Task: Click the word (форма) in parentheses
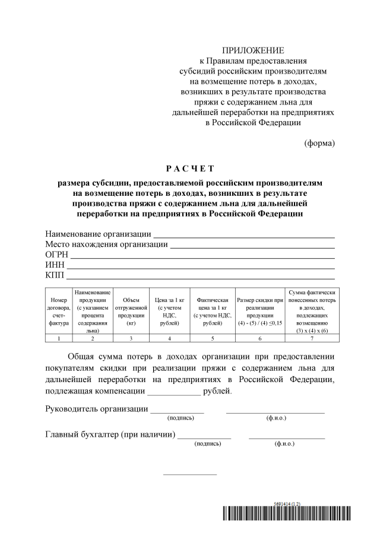point(319,142)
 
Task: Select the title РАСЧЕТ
point(190,169)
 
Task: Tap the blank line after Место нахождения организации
point(252,246)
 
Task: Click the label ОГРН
point(57,255)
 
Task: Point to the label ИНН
point(55,265)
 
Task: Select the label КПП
point(55,275)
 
